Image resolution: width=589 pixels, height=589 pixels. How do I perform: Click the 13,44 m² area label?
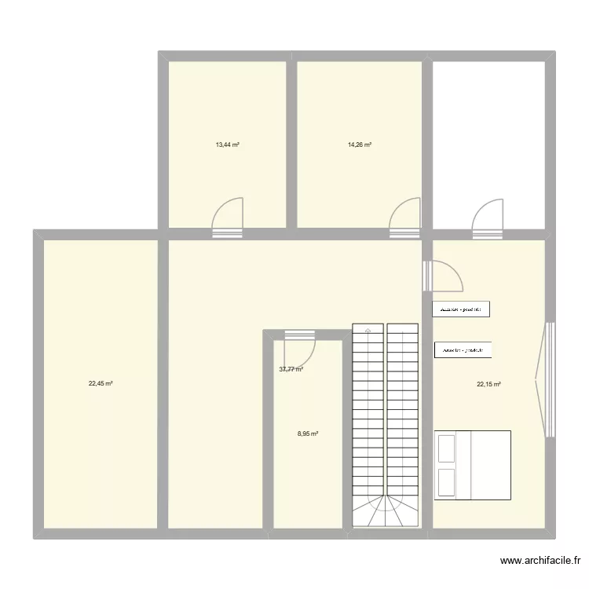(x=228, y=145)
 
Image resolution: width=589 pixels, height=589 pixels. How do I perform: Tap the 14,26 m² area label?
(x=360, y=145)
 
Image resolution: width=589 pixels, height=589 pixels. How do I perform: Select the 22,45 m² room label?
(x=101, y=384)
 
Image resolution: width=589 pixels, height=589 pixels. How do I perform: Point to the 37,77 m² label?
(x=291, y=369)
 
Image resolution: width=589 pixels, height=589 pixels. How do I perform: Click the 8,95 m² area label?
(x=307, y=434)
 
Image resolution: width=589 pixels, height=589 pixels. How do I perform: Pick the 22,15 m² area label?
(x=488, y=384)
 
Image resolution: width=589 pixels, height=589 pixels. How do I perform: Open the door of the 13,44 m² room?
(x=229, y=218)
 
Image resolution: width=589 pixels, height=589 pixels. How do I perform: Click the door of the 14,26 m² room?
(x=405, y=218)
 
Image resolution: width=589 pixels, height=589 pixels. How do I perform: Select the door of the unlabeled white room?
(x=487, y=218)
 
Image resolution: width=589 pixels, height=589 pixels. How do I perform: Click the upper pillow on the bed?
(x=448, y=448)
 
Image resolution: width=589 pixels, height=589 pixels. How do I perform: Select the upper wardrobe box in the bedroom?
(x=462, y=309)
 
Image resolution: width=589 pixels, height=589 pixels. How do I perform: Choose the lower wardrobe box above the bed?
(x=463, y=350)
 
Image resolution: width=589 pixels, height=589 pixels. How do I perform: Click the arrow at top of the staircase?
(x=368, y=330)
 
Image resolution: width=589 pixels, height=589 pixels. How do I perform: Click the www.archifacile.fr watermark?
(x=540, y=561)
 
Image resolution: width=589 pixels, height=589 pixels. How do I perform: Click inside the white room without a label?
(x=488, y=134)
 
